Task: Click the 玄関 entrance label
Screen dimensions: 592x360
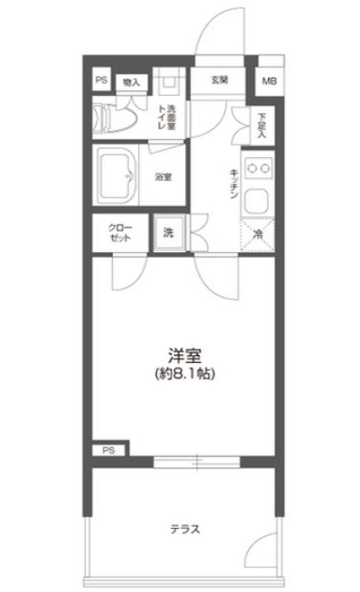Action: coord(219,80)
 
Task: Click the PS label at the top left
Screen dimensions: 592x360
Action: coord(101,80)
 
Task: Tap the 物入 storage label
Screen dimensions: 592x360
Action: coord(131,82)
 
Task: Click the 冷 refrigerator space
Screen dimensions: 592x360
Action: coord(258,232)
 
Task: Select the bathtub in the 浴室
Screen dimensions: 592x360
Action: coord(121,175)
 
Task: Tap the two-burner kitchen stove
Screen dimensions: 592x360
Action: coord(258,169)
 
